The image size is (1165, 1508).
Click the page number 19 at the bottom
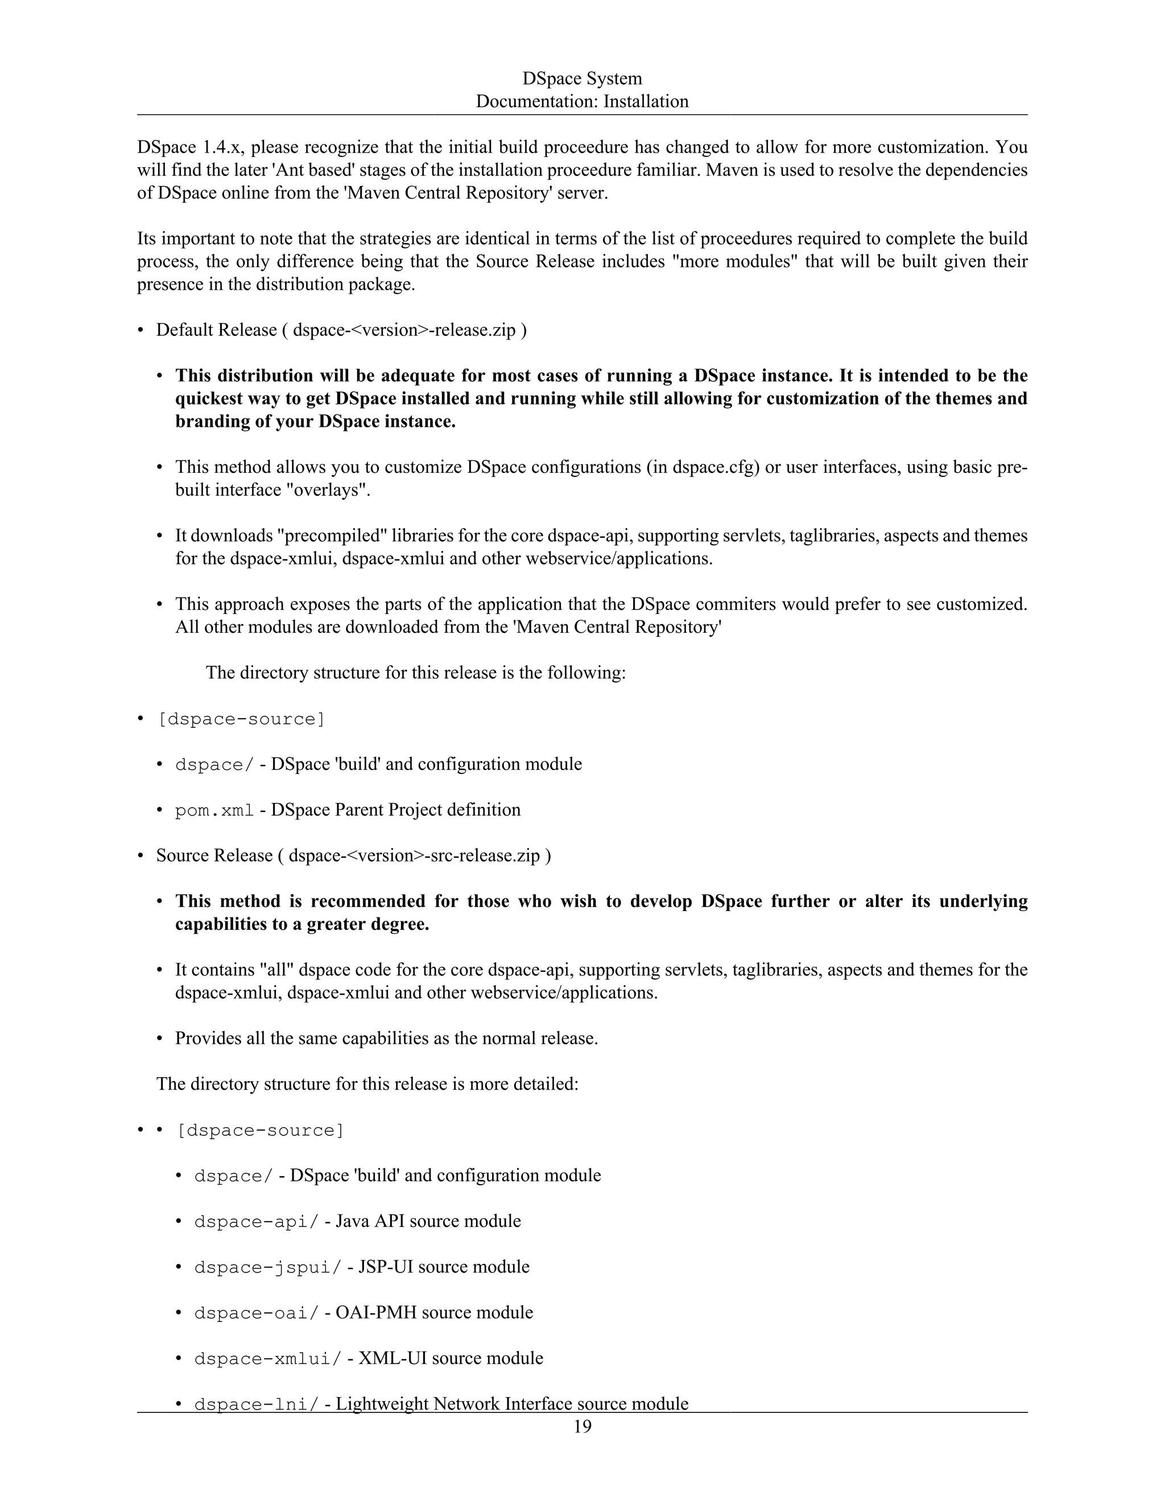tap(582, 1427)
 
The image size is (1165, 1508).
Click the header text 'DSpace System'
tap(582, 78)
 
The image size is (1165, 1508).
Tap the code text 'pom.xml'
tap(214, 810)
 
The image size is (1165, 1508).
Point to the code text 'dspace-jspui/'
tap(268, 1268)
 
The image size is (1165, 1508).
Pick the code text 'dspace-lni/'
tap(257, 1404)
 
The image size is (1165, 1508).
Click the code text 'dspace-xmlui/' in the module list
tap(268, 1359)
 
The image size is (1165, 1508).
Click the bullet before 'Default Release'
tap(141, 331)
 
